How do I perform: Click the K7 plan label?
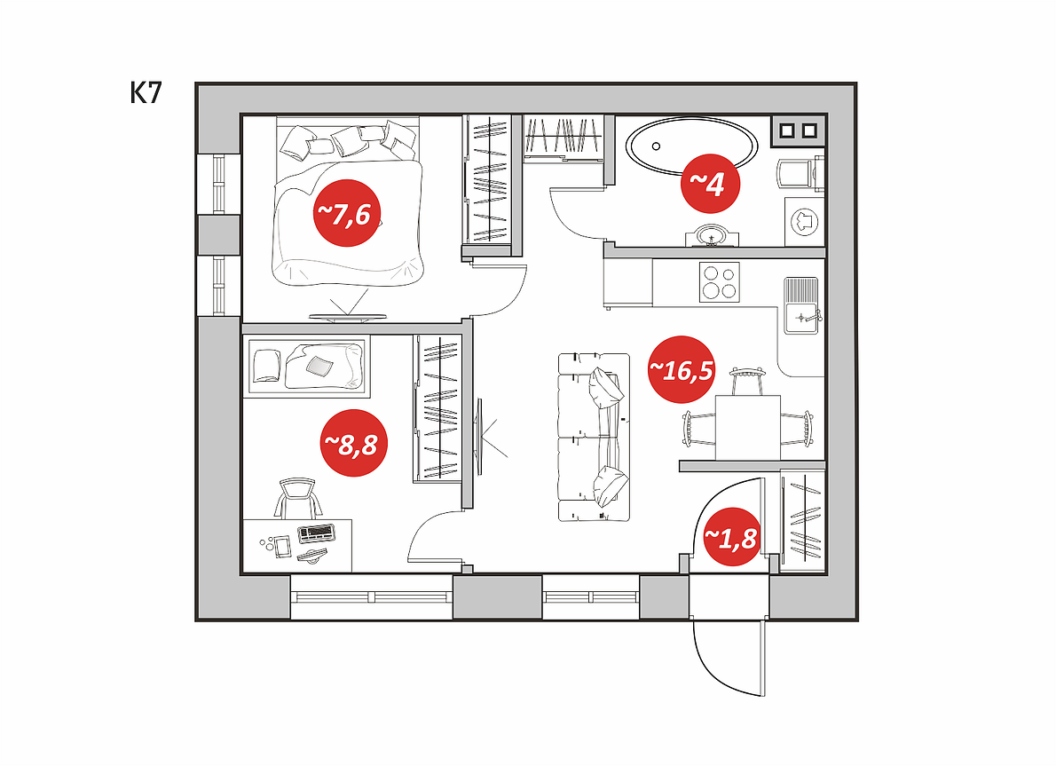click(x=146, y=93)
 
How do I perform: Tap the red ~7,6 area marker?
click(x=347, y=213)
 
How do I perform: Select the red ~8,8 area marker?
click(x=353, y=443)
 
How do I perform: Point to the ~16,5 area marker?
click(x=681, y=369)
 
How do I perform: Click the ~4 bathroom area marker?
click(x=711, y=183)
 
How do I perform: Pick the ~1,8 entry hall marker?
click(x=730, y=537)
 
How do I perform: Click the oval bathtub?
click(x=691, y=146)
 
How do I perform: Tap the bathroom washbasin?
click(x=712, y=236)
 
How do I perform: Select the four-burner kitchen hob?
click(x=720, y=282)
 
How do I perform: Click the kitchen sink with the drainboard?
click(x=801, y=305)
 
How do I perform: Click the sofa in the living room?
click(x=594, y=437)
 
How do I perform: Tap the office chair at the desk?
click(x=297, y=498)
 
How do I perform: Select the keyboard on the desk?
click(x=316, y=533)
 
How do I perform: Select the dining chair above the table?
click(x=747, y=381)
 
